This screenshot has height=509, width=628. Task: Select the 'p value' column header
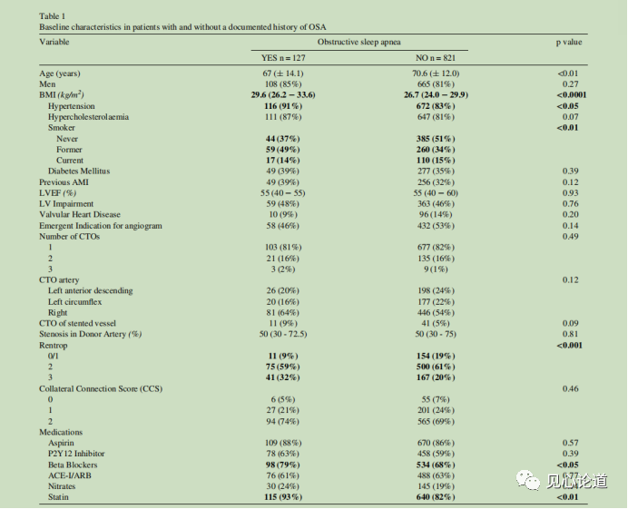point(569,43)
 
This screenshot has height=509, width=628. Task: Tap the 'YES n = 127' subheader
point(286,57)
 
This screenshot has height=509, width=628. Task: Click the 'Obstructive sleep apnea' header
point(358,43)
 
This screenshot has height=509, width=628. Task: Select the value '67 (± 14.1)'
point(283,73)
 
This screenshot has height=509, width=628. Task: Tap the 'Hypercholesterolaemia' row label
point(88,116)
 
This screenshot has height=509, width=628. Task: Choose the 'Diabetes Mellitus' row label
point(81,171)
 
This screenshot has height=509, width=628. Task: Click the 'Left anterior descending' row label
point(91,290)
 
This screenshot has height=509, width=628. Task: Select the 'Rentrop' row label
point(54,345)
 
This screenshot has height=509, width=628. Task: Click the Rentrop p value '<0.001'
point(570,345)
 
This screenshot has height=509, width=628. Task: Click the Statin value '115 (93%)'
point(283,497)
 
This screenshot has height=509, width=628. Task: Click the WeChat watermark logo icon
point(527,480)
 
